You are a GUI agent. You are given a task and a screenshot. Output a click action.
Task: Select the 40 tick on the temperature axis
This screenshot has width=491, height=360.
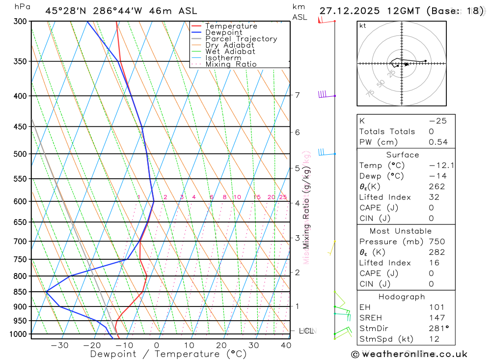(286, 345)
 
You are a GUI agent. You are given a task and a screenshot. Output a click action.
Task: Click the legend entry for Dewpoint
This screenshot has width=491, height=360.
(224, 32)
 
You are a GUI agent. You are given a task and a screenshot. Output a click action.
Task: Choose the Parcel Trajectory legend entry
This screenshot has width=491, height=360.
(241, 39)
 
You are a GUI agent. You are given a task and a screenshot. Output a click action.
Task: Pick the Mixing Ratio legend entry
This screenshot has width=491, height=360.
(231, 64)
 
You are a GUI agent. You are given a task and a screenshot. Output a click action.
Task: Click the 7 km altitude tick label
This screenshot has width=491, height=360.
(298, 95)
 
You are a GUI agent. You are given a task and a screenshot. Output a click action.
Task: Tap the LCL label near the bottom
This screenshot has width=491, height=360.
(307, 331)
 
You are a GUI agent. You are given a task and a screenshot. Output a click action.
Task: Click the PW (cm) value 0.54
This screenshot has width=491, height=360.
(438, 142)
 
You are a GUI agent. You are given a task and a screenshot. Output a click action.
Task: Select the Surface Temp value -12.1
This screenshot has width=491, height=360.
(441, 166)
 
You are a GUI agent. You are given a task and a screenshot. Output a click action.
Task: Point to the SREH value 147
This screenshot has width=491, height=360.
(436, 318)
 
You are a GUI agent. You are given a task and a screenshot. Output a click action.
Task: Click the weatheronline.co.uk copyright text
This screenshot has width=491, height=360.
(409, 354)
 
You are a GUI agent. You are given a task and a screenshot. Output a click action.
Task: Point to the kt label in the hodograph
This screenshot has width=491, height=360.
(363, 26)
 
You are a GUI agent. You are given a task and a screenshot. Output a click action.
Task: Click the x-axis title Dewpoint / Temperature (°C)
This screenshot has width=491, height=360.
(168, 354)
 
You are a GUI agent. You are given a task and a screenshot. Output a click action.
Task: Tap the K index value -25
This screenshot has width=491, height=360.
(437, 121)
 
